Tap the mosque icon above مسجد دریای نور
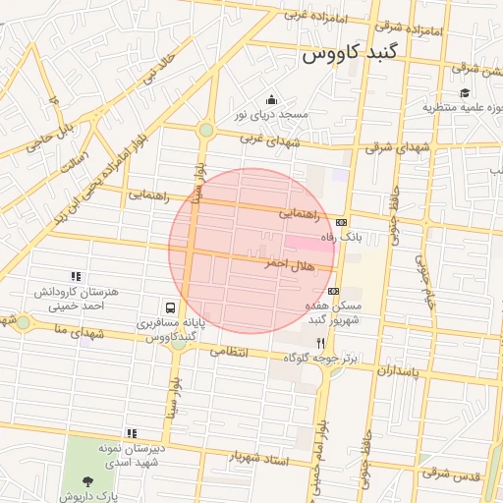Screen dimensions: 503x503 [x=271, y=99]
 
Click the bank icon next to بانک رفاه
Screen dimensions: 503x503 [x=341, y=222]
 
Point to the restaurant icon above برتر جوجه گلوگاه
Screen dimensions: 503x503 [x=320, y=343]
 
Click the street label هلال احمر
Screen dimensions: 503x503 [x=290, y=265]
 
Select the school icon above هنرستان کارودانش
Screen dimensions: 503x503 [x=76, y=277]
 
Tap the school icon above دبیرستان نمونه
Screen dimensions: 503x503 [x=131, y=432]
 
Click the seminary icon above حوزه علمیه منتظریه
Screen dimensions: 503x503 [x=464, y=92]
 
